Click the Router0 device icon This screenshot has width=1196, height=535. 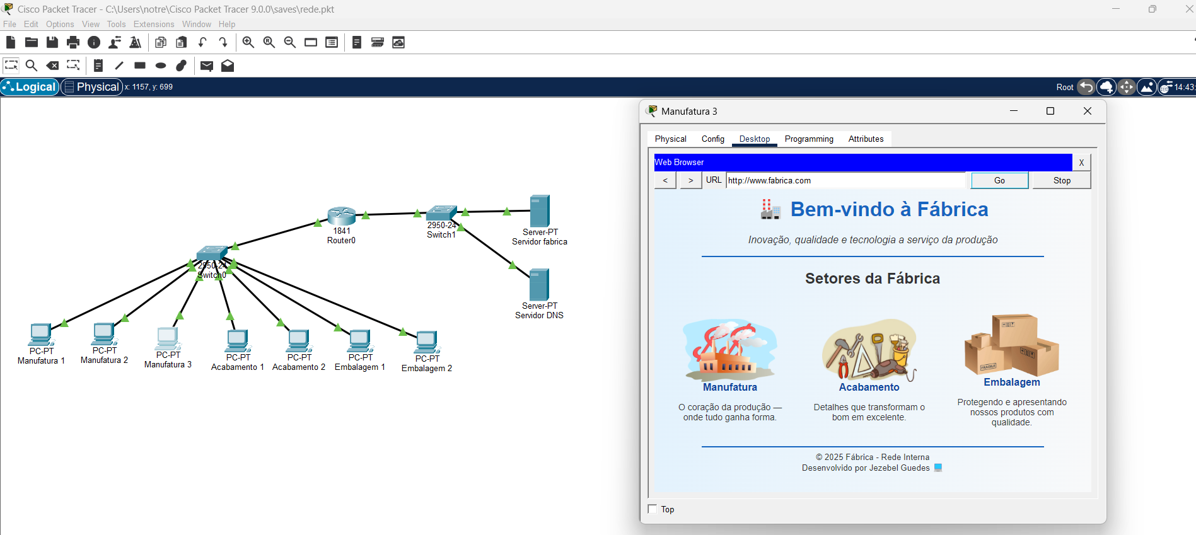point(341,216)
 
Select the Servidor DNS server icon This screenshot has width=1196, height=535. point(539,285)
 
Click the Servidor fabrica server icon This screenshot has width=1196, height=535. point(540,211)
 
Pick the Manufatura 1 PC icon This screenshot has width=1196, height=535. point(41,335)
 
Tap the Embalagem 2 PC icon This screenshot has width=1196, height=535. point(427,342)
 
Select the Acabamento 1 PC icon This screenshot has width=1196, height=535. point(238,341)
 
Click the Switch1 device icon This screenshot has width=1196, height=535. point(441,213)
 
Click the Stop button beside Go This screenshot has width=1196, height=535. point(1062,181)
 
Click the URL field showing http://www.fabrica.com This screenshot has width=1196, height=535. point(845,181)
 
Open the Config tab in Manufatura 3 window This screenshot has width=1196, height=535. point(712,139)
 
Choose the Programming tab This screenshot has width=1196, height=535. point(809,139)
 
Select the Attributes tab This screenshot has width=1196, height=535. point(866,139)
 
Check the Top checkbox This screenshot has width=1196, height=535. point(653,509)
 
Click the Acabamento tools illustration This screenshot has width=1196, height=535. point(869,350)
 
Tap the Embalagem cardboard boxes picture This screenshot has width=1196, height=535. point(1011,345)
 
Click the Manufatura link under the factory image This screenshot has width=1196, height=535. point(730,388)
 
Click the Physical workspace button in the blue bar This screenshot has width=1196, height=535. point(92,87)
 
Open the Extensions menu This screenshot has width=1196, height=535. point(154,25)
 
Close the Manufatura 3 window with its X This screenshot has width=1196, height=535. point(1088,112)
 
